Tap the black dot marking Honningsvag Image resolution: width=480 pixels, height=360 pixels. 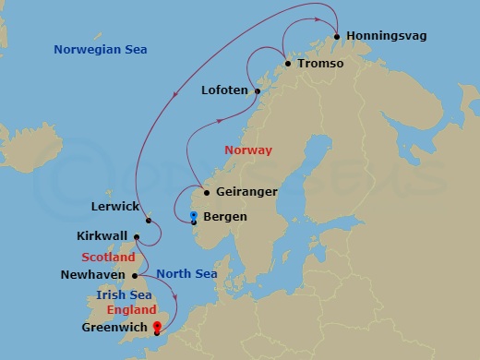(337, 37)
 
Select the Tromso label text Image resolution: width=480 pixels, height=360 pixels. (321, 64)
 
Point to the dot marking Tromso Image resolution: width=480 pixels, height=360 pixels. (288, 64)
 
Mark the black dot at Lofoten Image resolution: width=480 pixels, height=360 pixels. (258, 90)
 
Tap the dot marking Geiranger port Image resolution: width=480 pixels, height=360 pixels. (206, 193)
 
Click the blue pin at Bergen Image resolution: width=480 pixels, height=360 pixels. (193, 216)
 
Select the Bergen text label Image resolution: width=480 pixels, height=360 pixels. (224, 217)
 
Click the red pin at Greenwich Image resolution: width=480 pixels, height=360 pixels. (157, 326)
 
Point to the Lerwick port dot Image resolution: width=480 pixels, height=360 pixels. (148, 220)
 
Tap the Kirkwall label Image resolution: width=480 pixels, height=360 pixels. (103, 236)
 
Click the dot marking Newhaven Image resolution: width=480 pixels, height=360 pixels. (135, 275)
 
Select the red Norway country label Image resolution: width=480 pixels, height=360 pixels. (248, 150)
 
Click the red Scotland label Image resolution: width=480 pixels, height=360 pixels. (108, 257)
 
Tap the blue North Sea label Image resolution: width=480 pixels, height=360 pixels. (186, 273)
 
